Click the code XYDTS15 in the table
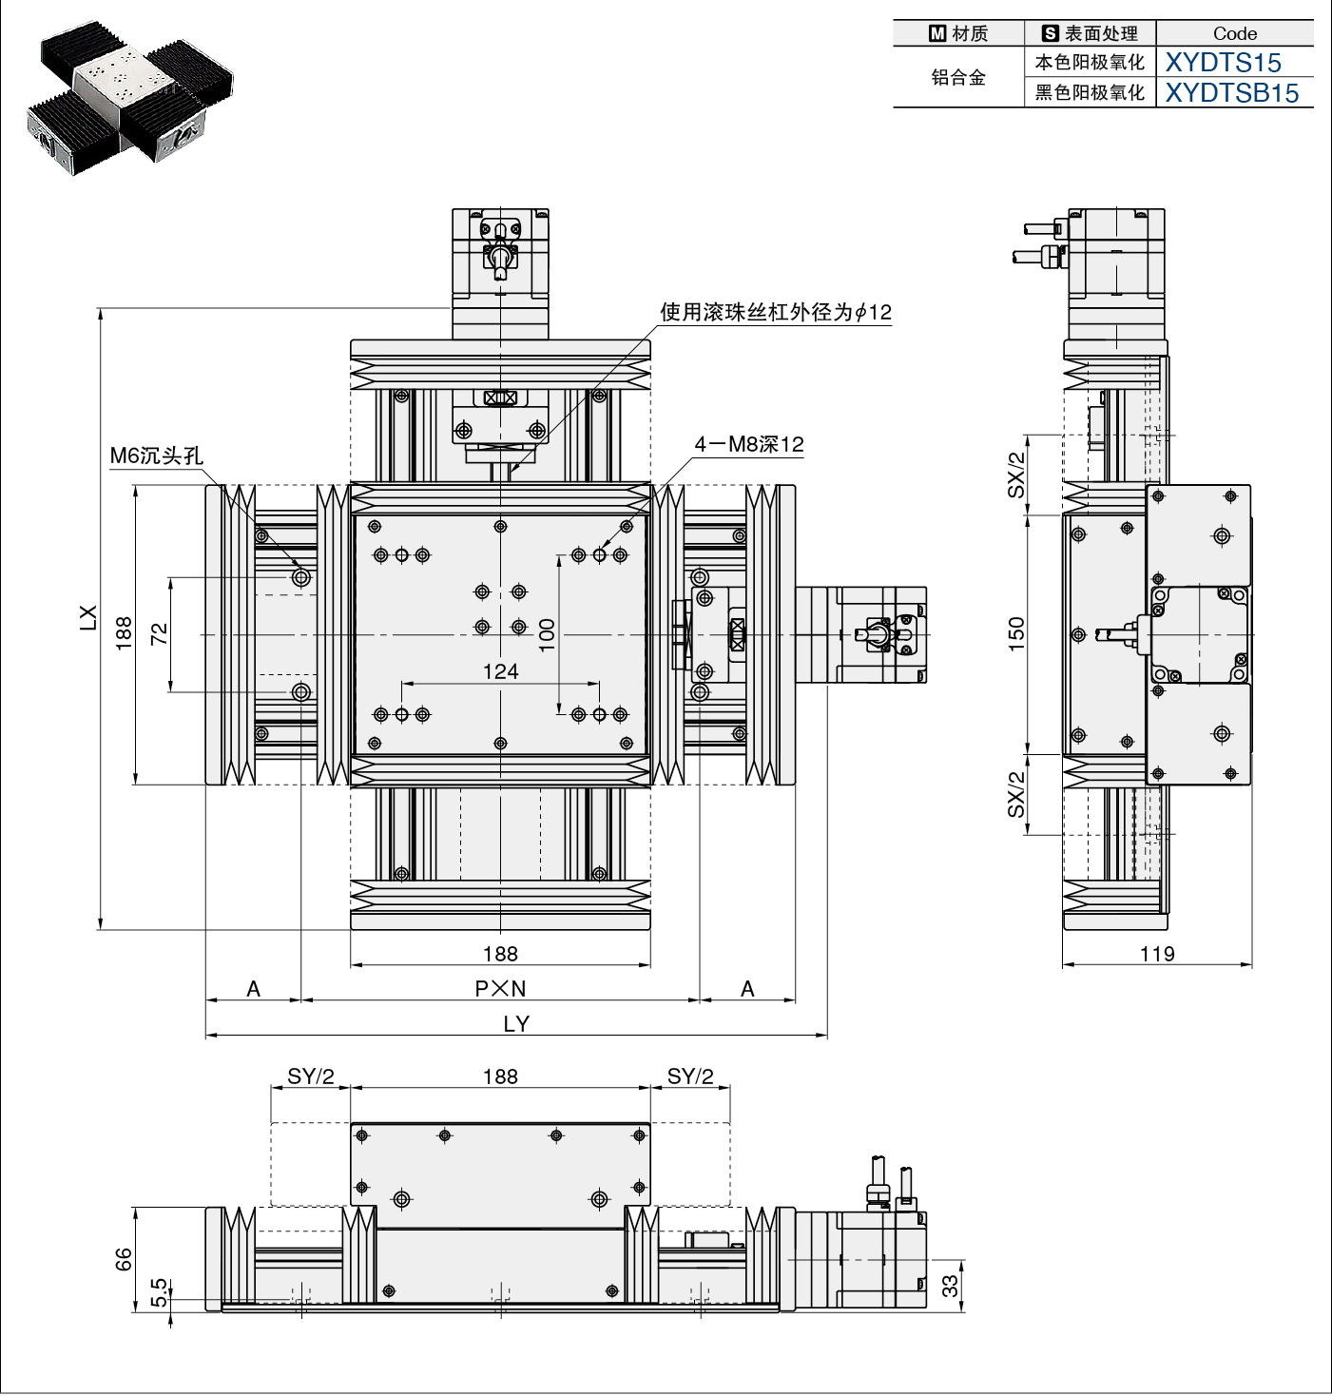[1223, 63]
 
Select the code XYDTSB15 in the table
[1232, 93]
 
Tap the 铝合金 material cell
[958, 77]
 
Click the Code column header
[1235, 33]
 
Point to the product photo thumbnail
[130, 98]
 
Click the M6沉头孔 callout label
[156, 456]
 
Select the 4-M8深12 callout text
[749, 444]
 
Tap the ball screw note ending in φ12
[776, 312]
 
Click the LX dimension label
[87, 617]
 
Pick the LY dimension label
[516, 1024]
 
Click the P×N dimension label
[500, 988]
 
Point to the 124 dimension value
[500, 671]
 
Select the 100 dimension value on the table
[547, 635]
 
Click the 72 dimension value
[159, 633]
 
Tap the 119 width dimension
[1157, 954]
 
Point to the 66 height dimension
[123, 1259]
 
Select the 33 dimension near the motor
[949, 1286]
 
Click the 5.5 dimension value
[159, 1292]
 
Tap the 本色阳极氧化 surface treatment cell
[1090, 63]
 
